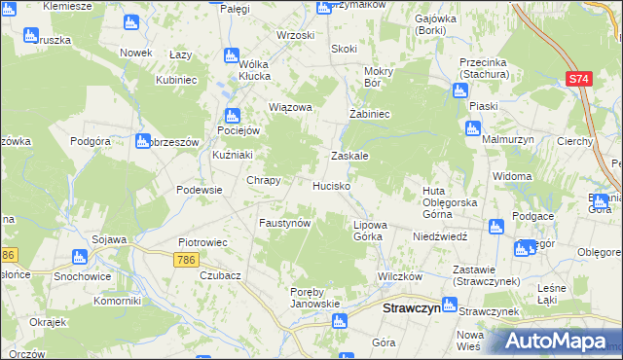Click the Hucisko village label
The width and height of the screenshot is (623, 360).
[330, 185]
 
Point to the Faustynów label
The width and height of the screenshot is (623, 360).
[284, 223]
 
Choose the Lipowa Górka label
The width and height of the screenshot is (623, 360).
[369, 231]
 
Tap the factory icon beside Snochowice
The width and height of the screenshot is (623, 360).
[80, 257]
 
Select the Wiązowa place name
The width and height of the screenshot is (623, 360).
[290, 108]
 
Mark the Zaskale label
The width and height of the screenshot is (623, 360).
[349, 156]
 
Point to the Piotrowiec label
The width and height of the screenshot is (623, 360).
[202, 242]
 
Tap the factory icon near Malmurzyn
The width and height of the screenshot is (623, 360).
[473, 128]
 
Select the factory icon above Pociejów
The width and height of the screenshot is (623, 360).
[231, 115]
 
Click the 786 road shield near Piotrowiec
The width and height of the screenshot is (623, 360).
[187, 260]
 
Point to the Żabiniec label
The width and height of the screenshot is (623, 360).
[370, 114]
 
